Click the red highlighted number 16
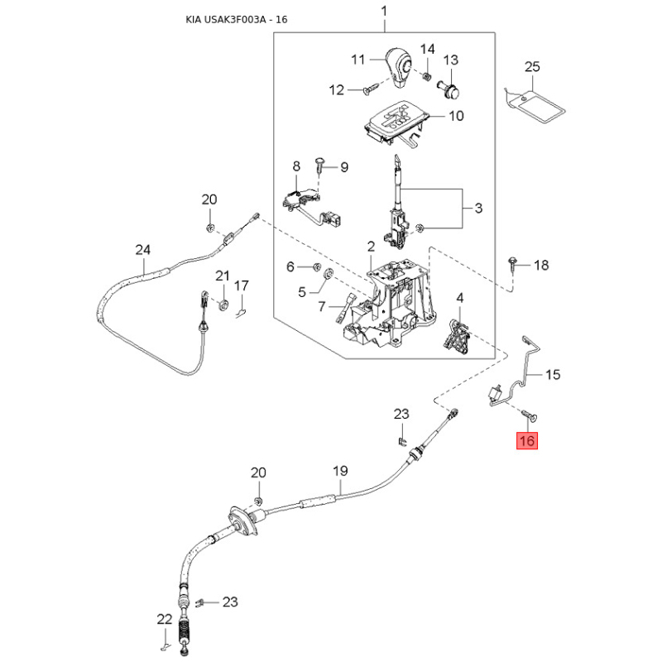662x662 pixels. point(526,441)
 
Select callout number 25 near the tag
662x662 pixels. point(532,66)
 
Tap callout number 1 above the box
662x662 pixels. point(383,12)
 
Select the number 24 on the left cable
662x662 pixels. point(143,249)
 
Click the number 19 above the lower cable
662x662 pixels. point(338,472)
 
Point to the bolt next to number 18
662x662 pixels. point(516,264)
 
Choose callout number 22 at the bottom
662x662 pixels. point(164,618)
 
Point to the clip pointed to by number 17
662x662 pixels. point(240,311)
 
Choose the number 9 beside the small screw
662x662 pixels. point(343,166)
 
